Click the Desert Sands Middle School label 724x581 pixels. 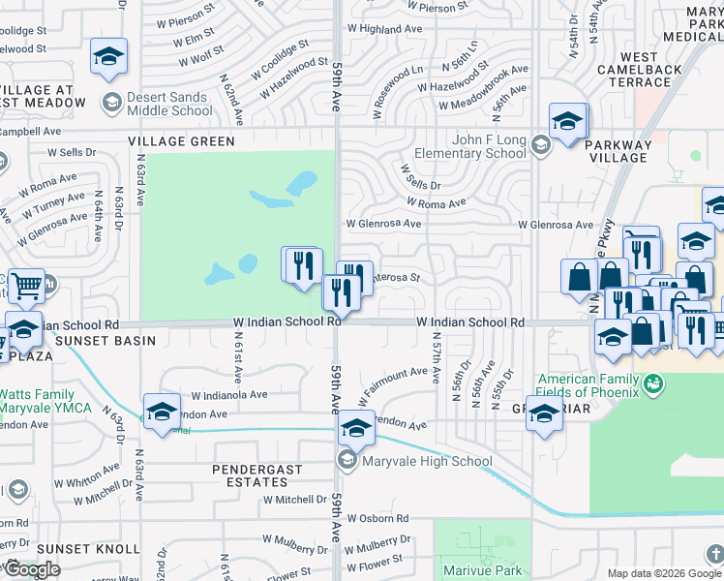pos(169,104)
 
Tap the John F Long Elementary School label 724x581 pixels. pos(470,146)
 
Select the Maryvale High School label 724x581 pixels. pos(427,461)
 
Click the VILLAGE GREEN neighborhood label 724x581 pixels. pos(181,141)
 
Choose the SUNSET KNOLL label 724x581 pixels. pos(75,549)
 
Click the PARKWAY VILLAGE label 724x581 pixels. pos(617,151)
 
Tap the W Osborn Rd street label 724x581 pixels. pos(378,519)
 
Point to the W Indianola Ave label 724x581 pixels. pos(228,395)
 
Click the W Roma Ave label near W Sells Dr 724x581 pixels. pos(437,203)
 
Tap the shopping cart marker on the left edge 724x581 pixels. pos(26,285)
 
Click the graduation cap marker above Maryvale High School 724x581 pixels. pos(356,426)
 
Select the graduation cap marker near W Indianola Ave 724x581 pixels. pos(162,410)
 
